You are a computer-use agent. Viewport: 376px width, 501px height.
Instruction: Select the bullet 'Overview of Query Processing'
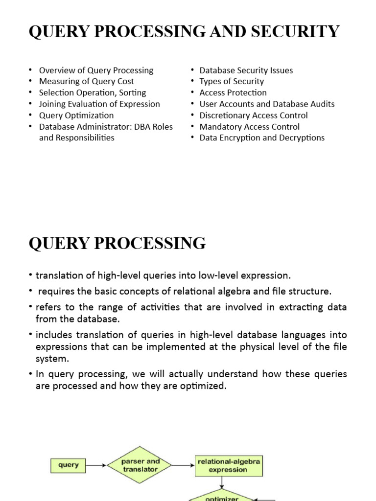(x=96, y=70)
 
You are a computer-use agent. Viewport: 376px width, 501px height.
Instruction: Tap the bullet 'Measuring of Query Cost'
(x=86, y=82)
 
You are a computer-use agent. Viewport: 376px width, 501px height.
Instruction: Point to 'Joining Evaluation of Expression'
(x=99, y=104)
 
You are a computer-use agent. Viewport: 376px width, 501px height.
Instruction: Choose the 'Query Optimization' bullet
(x=76, y=115)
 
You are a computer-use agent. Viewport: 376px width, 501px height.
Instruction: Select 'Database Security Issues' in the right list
(x=246, y=70)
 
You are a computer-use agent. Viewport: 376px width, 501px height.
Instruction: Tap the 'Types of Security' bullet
(x=232, y=82)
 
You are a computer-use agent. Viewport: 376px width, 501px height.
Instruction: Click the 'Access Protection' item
(x=233, y=93)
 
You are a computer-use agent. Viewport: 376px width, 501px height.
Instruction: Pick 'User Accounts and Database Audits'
(x=267, y=104)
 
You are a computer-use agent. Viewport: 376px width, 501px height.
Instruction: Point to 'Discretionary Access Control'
(x=254, y=115)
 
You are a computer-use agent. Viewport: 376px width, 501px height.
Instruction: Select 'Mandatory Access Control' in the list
(x=249, y=127)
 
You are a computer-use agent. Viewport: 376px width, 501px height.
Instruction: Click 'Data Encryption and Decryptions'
(x=262, y=138)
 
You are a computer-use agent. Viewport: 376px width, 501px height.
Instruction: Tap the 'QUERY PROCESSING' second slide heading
(x=117, y=243)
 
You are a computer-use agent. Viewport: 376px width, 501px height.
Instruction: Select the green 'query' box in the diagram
(x=68, y=465)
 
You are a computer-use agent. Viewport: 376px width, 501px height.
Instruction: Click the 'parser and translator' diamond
(x=140, y=465)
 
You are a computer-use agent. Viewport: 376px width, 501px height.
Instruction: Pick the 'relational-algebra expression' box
(x=228, y=465)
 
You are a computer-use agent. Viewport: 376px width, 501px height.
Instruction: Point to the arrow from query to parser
(x=96, y=465)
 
